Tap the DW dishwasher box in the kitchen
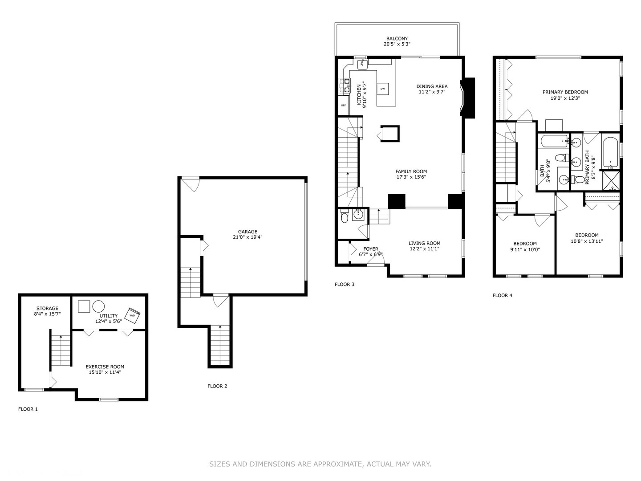coord(382,89)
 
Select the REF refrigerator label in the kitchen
coord(343,106)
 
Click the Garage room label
coord(247,232)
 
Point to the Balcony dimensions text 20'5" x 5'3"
coord(397,45)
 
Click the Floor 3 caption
coord(345,284)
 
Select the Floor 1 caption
coord(28,409)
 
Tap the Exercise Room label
coord(105,367)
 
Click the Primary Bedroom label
coord(565,92)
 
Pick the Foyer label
coord(371,249)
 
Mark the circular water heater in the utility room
coord(98,306)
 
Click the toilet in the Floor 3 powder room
coord(344,218)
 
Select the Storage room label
coord(47,308)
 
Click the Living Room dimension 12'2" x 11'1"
coord(424,249)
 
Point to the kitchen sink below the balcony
coord(363,64)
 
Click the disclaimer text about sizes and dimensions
coord(320,464)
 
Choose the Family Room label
coord(411,171)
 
